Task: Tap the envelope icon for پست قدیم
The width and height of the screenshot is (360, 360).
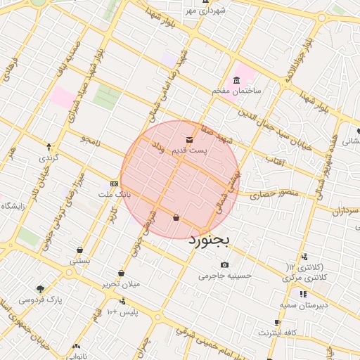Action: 189,139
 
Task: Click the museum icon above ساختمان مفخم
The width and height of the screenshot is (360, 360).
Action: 236,80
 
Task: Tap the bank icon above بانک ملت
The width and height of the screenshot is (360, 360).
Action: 114,183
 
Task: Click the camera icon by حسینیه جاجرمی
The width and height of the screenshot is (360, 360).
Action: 224,264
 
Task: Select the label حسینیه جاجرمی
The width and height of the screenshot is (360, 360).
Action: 224,276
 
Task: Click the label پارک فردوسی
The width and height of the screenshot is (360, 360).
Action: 41,300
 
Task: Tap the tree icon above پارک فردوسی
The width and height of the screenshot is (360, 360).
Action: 40,288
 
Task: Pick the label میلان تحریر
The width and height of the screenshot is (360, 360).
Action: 122,284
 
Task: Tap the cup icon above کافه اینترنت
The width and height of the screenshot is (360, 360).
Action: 278,322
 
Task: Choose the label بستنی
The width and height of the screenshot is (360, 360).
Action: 79,260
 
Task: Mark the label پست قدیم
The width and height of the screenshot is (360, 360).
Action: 189,150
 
